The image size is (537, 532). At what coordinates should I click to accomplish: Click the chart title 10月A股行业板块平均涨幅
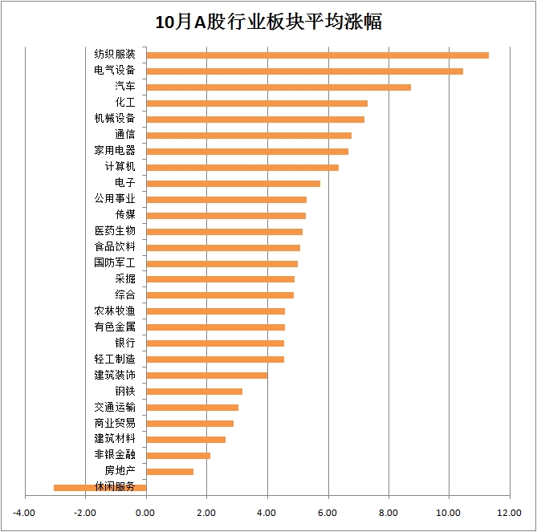pyautogui.click(x=268, y=22)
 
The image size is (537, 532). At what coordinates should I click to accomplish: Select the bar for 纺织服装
pyautogui.click(x=317, y=55)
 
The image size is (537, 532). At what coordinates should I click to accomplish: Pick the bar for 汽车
pyautogui.click(x=279, y=87)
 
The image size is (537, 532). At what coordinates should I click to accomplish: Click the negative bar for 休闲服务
pyautogui.click(x=100, y=487)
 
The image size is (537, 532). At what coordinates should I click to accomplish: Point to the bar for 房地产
pyautogui.click(x=170, y=471)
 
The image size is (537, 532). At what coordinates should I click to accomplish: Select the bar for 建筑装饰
pyautogui.click(x=207, y=375)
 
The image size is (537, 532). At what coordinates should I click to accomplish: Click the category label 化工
pyautogui.click(x=125, y=103)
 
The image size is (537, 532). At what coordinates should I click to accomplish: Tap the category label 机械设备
pyautogui.click(x=115, y=119)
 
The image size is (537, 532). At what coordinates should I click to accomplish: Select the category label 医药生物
pyautogui.click(x=115, y=231)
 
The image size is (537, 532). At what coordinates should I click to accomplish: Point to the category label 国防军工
pyautogui.click(x=115, y=262)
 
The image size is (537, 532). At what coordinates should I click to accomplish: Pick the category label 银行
pyautogui.click(x=125, y=343)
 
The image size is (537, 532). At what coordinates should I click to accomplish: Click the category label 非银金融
pyautogui.click(x=115, y=455)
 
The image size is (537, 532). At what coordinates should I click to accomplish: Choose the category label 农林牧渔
pyautogui.click(x=115, y=311)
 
